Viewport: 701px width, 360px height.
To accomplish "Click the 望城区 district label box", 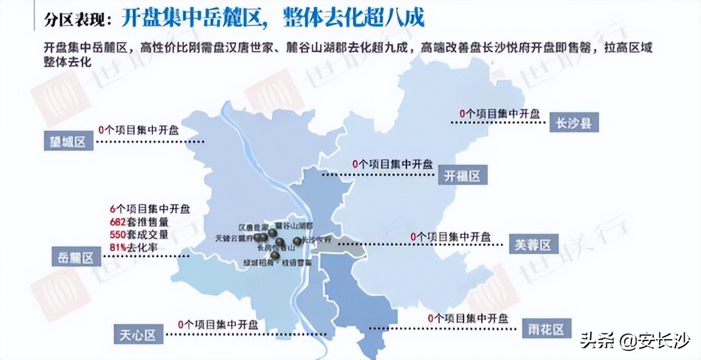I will (x=69, y=142).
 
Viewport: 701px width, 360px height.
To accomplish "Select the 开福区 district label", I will (x=463, y=176).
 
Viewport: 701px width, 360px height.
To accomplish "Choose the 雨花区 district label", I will (x=546, y=329).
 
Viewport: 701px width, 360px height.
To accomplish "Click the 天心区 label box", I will (x=137, y=335).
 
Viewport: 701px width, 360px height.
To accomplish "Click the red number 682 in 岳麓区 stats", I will (x=118, y=222).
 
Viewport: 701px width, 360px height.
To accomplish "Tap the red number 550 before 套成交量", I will (x=118, y=235).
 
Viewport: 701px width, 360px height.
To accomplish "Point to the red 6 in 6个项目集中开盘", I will (x=113, y=209).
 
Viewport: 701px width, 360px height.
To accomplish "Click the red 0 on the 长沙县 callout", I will (x=462, y=114).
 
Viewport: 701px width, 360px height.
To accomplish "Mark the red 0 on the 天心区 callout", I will (x=181, y=324).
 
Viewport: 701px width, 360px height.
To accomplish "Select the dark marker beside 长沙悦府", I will (x=296, y=242).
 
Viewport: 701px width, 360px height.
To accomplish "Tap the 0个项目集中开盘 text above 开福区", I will (x=392, y=165).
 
